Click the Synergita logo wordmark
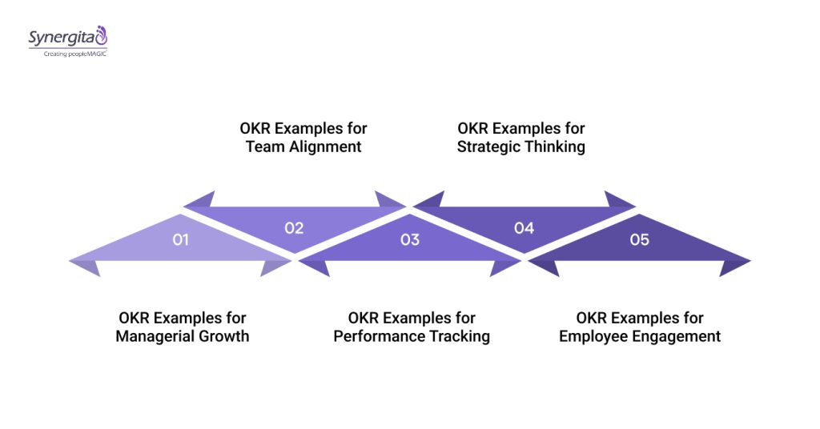[61, 38]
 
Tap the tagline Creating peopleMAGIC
[75, 54]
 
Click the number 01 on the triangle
[180, 239]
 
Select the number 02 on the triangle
[294, 227]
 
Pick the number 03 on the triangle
[409, 239]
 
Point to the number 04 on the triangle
[524, 228]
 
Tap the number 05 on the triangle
[639, 239]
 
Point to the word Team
[263, 146]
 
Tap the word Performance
[380, 336]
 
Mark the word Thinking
[556, 146]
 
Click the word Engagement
[678, 336]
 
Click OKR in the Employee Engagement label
[592, 318]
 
